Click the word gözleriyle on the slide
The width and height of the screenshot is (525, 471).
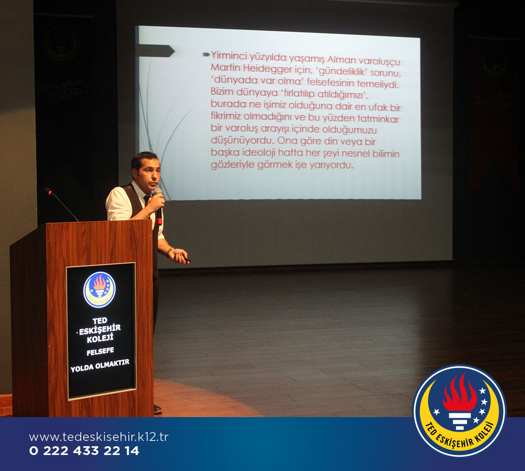(232, 165)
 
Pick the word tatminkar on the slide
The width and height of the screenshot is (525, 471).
(378, 119)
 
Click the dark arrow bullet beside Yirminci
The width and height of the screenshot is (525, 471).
(206, 54)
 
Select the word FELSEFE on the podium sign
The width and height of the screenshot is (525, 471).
(100, 352)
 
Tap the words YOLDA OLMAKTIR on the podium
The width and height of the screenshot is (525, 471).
(100, 366)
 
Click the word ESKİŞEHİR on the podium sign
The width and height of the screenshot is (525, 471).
(100, 329)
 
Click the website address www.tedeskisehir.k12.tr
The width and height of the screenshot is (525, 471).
(99, 437)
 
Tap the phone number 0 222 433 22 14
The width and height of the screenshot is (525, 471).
(84, 451)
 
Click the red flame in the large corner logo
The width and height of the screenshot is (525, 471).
(459, 392)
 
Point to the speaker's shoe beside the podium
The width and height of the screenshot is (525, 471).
(157, 409)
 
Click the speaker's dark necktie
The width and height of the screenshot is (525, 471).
(147, 200)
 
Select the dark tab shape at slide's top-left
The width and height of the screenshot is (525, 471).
(156, 50)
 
